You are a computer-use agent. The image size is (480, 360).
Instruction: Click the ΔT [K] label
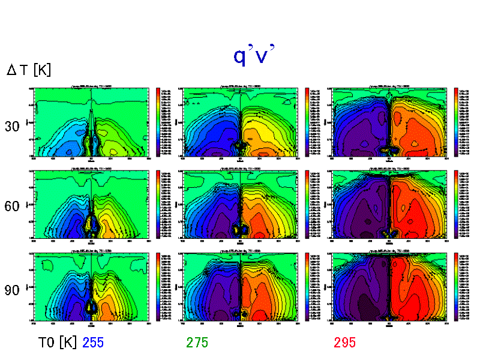pyautogui.click(x=29, y=70)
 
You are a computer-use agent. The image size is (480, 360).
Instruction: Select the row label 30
pyautogui.click(x=13, y=127)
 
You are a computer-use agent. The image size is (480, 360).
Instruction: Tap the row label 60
pyautogui.click(x=13, y=206)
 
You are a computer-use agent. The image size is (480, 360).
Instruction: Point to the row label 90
pyautogui.click(x=13, y=290)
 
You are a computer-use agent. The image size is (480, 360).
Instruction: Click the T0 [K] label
pyautogui.click(x=57, y=343)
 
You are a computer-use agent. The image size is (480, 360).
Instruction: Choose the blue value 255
pyautogui.click(x=94, y=343)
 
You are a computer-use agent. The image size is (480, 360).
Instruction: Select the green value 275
pyautogui.click(x=197, y=343)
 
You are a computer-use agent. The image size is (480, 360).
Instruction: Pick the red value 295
pyautogui.click(x=345, y=343)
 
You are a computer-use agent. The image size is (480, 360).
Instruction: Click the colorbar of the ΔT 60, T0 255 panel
pyautogui.click(x=158, y=204)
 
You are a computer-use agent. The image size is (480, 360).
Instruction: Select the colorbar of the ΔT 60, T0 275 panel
pyautogui.click(x=307, y=204)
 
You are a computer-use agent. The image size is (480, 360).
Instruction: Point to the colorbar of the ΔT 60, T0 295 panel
pyautogui.click(x=457, y=204)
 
